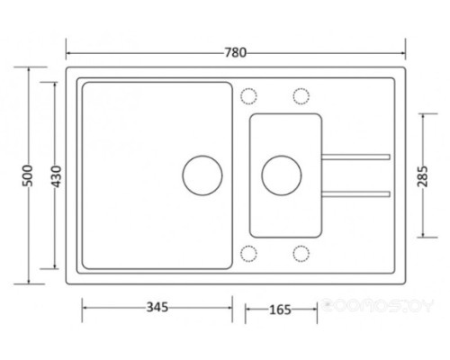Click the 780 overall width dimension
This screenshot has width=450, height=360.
point(236,53)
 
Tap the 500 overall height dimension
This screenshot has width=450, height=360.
point(28,175)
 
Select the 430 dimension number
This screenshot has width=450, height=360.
point(57,176)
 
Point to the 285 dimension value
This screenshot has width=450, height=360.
point(423,176)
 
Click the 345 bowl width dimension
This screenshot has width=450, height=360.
point(157,308)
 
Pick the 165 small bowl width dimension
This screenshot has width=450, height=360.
point(280,310)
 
